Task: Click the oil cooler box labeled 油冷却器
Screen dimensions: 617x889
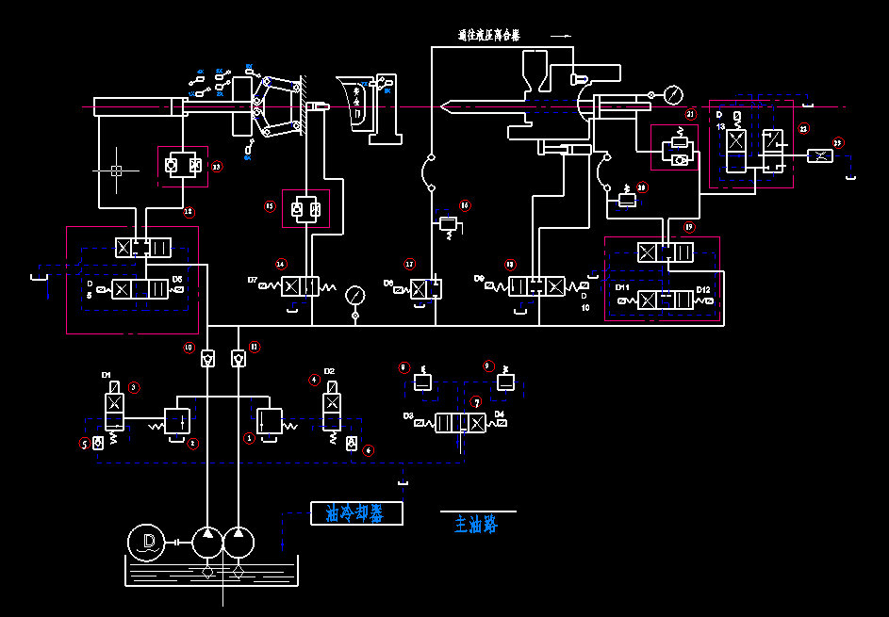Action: coord(356,513)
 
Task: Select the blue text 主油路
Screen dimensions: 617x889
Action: coord(476,525)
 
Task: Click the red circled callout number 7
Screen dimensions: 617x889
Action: coord(476,401)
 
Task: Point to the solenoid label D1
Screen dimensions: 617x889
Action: coord(107,375)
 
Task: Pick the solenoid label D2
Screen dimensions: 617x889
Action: coord(329,371)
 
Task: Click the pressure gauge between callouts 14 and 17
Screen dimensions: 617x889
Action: coord(355,295)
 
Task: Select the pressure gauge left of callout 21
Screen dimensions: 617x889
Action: coord(673,94)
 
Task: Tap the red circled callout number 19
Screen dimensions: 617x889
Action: coord(689,227)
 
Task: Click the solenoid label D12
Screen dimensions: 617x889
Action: coord(703,289)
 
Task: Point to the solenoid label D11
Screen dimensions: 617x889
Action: coord(622,287)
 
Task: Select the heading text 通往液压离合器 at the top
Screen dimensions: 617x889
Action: coord(488,36)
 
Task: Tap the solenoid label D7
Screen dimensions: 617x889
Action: coord(253,280)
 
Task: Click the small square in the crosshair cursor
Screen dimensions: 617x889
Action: coord(116,170)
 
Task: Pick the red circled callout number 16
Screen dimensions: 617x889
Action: coord(464,204)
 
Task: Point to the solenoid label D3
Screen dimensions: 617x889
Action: coord(408,415)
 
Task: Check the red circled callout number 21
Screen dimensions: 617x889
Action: coord(690,114)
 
